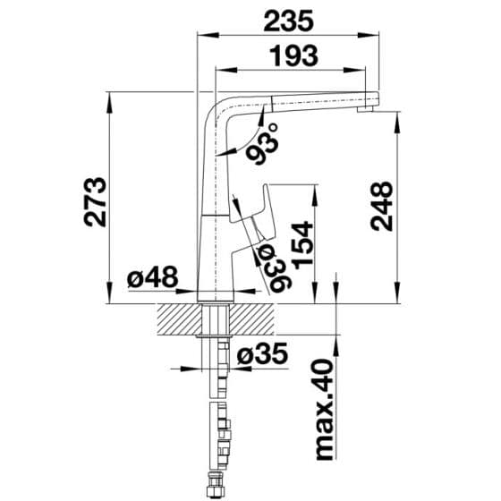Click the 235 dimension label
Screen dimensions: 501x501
click(x=288, y=21)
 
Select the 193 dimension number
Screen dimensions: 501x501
click(x=294, y=56)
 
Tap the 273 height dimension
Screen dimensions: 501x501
click(x=95, y=202)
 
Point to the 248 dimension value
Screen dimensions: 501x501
click(x=381, y=206)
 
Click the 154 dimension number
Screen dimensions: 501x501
click(x=302, y=245)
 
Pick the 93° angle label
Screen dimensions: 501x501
click(x=263, y=144)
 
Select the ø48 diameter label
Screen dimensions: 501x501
click(x=152, y=276)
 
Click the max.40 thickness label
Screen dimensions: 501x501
click(x=325, y=410)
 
